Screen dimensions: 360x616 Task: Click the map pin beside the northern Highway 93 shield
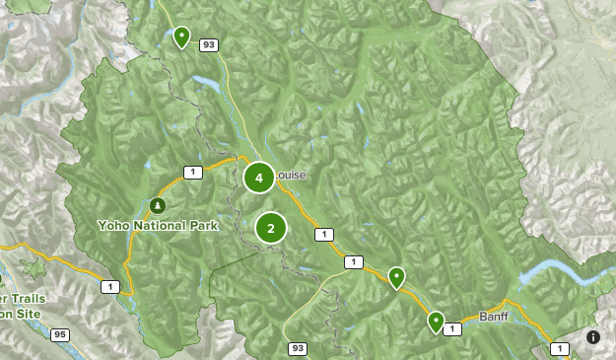[181, 36]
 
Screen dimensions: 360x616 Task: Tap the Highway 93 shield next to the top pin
[208, 44]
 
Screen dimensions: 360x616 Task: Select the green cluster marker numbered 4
[258, 178]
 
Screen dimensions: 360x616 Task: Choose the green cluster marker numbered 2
[270, 228]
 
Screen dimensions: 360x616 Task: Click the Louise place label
[291, 176]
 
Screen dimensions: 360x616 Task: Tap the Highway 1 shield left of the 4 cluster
[192, 173]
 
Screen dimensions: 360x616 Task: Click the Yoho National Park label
[157, 225]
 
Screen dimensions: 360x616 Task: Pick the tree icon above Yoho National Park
[158, 205]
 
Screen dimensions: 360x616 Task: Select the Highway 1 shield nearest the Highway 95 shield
[109, 287]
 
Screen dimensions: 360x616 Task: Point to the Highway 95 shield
[61, 334]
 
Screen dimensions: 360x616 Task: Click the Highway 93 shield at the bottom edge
[298, 348]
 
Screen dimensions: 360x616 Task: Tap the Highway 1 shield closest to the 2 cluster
[323, 235]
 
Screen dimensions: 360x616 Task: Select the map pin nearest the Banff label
[436, 322]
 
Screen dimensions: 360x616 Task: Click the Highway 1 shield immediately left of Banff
[452, 328]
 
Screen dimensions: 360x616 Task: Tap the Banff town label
[493, 317]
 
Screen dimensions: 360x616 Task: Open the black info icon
[593, 336]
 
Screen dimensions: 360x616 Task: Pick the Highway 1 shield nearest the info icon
[560, 348]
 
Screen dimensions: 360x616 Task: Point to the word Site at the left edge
[24, 313]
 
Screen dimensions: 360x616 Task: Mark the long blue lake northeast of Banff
[557, 271]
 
